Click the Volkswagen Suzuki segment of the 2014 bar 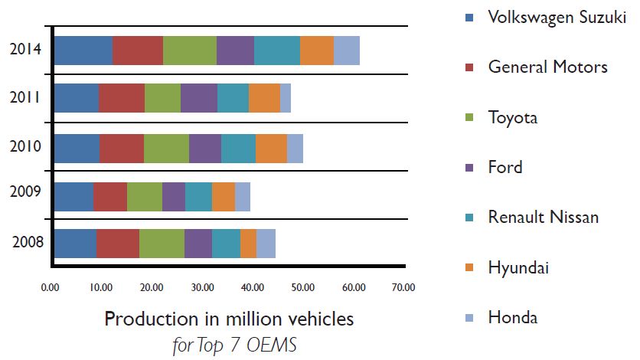[83, 50]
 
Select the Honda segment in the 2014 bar [347, 50]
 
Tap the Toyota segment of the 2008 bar [162, 244]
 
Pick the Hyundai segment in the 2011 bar [264, 98]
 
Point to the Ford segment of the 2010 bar [205, 147]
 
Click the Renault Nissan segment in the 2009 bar [198, 196]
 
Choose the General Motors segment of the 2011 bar [122, 98]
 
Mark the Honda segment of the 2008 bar [266, 244]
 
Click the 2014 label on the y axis [26, 51]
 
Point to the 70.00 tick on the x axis [403, 288]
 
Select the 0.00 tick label [50, 288]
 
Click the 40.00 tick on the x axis [251, 288]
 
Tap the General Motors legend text [547, 67]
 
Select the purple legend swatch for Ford [469, 168]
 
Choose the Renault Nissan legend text [544, 218]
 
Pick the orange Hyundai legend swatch [469, 268]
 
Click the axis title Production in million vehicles [229, 318]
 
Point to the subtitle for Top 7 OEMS [234, 345]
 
